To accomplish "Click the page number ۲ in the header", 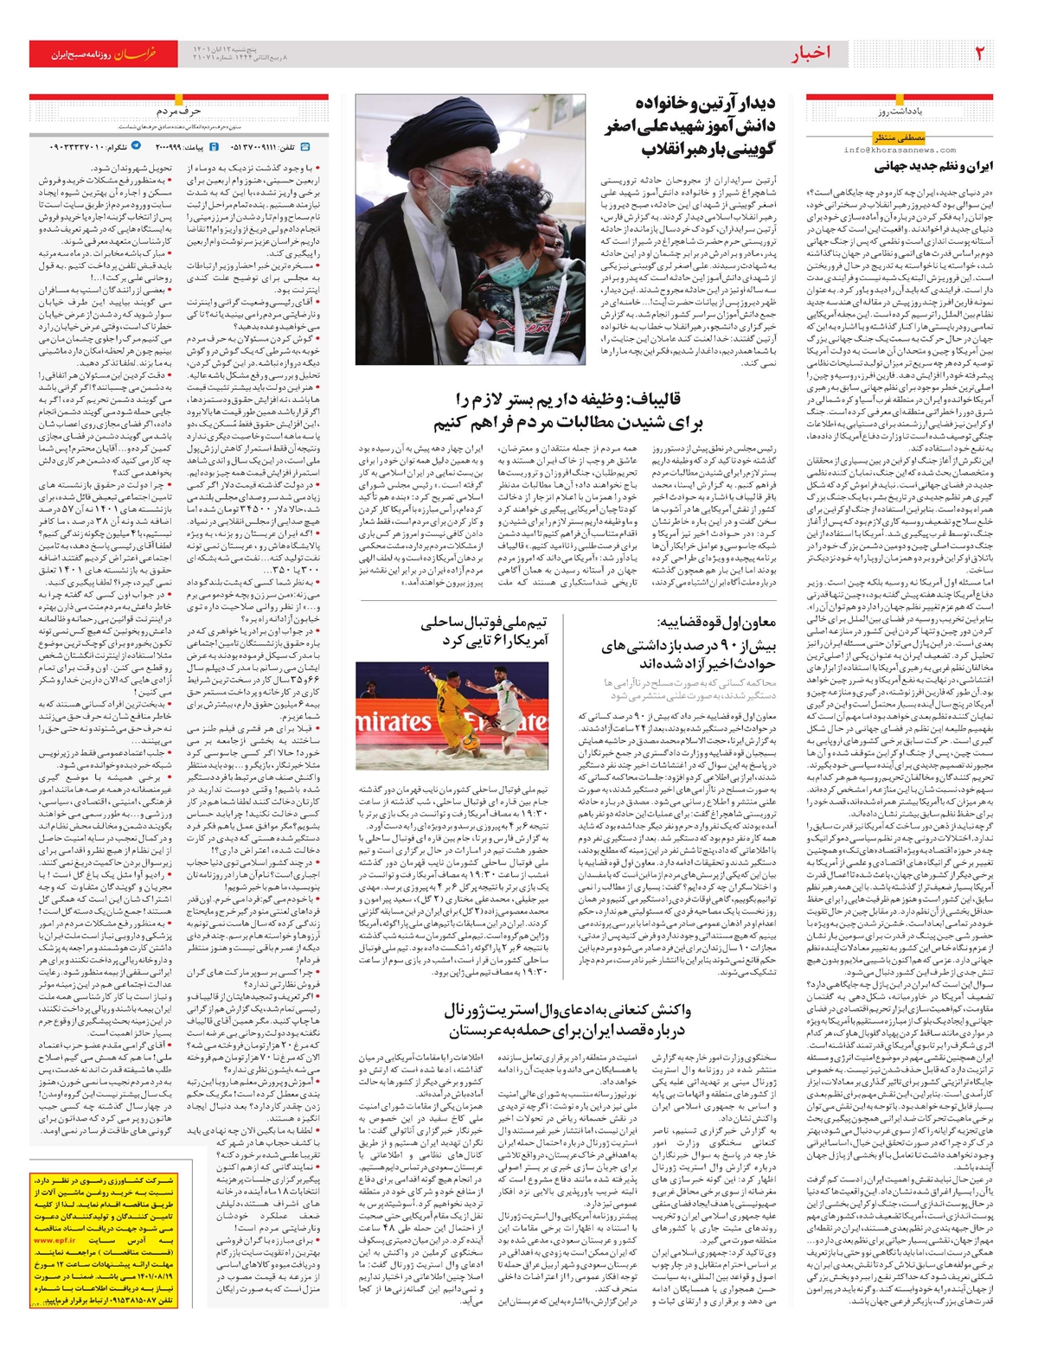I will click(981, 54).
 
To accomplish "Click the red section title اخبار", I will click(810, 54).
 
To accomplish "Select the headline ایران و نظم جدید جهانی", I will click(934, 167).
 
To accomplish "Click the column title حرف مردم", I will click(179, 112).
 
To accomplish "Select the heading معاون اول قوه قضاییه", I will click(718, 621).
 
